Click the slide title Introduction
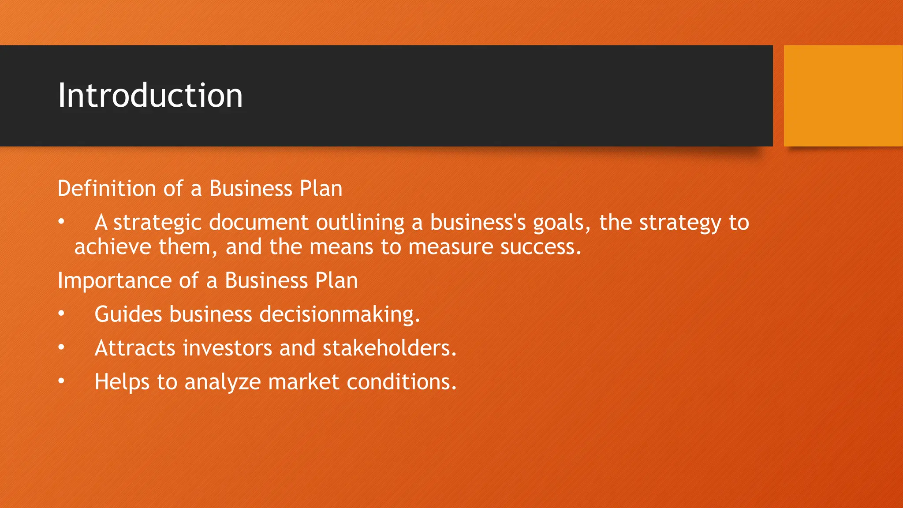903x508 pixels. [x=150, y=95]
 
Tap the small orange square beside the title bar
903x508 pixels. [x=843, y=95]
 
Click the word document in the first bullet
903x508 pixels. [x=258, y=223]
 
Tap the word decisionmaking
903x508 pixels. [x=339, y=315]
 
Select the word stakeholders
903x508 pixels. [x=389, y=348]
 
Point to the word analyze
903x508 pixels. [x=223, y=382]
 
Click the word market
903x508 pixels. [x=304, y=382]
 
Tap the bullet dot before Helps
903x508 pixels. [x=61, y=381]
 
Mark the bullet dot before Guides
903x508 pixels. [x=61, y=313]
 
